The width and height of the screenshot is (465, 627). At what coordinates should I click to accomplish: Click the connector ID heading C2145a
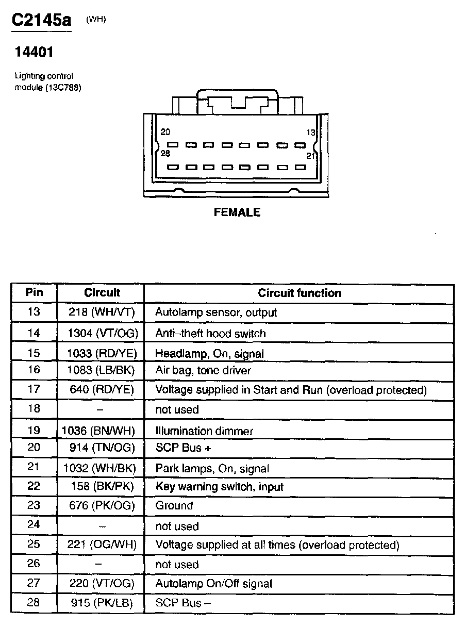click(42, 20)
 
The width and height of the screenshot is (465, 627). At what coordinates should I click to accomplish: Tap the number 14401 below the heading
click(34, 52)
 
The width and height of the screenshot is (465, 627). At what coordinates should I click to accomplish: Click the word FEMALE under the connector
click(237, 212)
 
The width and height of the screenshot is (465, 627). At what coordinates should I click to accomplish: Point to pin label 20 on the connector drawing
click(165, 132)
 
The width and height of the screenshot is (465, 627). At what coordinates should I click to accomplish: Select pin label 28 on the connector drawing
click(165, 154)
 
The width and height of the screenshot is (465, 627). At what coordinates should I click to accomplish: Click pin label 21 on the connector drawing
click(310, 155)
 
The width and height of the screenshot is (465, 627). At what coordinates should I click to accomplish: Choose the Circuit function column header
click(300, 293)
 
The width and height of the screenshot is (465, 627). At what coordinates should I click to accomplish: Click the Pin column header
click(34, 293)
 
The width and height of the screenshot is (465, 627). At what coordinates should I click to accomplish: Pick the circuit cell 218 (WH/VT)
click(102, 312)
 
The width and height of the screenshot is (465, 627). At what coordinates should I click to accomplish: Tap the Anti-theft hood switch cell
click(210, 334)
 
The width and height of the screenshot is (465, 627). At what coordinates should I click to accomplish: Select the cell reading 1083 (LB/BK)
click(102, 370)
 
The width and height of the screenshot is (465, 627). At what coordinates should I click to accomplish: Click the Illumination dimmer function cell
click(204, 431)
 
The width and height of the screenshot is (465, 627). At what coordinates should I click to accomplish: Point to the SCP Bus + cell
click(183, 448)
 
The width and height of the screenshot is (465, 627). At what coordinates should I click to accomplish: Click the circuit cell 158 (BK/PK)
click(102, 486)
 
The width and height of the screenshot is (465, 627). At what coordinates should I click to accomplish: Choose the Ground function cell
click(174, 506)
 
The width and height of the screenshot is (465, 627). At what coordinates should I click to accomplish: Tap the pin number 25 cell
click(34, 544)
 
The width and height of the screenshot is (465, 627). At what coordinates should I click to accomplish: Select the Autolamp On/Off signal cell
click(213, 584)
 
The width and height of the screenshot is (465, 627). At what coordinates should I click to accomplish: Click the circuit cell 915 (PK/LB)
click(102, 603)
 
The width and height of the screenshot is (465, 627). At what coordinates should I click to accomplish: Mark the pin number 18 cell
click(34, 409)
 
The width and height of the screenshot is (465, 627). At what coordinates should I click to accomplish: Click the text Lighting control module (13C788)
click(47, 81)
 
